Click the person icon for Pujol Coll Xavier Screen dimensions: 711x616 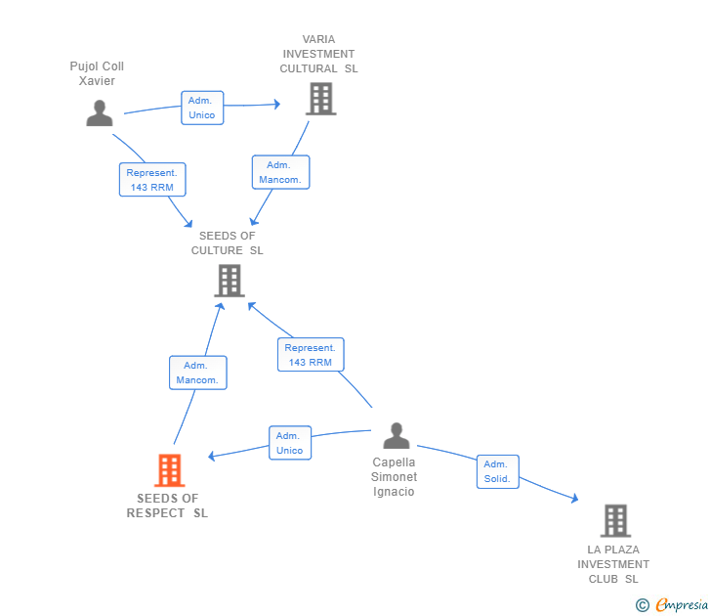point(100,113)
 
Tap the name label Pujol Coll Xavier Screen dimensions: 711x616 point(97,73)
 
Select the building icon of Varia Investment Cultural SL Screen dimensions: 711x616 point(321,99)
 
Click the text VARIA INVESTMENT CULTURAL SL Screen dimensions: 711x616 point(318,54)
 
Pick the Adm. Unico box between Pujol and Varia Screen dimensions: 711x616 point(202,108)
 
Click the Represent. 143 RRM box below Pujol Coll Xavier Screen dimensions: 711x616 point(152,180)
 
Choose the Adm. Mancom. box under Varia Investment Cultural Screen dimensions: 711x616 point(280,172)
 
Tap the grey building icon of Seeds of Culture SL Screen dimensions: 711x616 point(230,281)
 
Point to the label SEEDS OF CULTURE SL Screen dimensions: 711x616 point(228,242)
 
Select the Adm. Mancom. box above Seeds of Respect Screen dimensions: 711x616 point(198,373)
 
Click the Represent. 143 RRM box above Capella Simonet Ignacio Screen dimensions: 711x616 point(311,355)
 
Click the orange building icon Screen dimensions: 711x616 point(170,470)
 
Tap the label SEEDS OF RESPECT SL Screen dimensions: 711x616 point(167,506)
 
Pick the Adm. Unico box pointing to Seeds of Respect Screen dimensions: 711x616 point(290,443)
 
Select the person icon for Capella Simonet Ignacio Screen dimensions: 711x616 point(397,435)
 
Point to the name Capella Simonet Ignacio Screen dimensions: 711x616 point(394,476)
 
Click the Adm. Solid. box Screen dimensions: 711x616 point(498,471)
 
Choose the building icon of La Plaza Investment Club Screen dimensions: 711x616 point(615,521)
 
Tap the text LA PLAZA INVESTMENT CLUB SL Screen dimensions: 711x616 point(613,564)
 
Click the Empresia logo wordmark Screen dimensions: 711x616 point(682,604)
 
